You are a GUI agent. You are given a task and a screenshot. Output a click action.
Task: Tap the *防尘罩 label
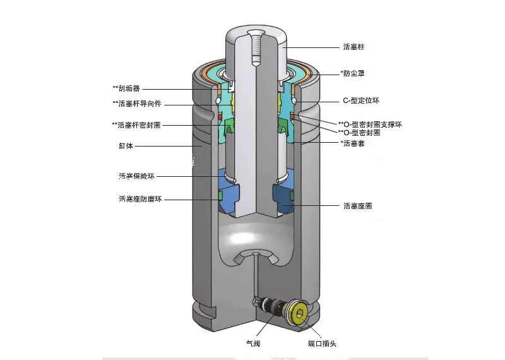coord(352,73)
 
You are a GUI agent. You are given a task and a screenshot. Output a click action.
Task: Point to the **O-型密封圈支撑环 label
coord(370,124)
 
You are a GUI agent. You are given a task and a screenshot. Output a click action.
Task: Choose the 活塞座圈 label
coord(357,205)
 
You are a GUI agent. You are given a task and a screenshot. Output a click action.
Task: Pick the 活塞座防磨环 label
coord(140,199)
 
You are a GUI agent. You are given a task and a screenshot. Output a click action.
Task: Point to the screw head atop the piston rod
coord(256,35)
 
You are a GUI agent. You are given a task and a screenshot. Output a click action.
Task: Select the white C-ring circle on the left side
coord(218,100)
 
